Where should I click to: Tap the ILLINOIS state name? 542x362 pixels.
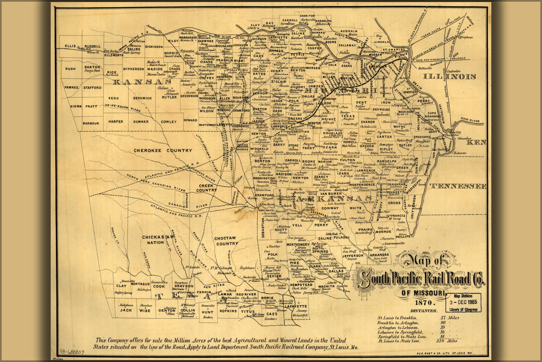pos(449,76)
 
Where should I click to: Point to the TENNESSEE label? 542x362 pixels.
pos(458,186)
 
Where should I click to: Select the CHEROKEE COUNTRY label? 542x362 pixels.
pos(163,151)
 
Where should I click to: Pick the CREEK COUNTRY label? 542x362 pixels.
pos(206,188)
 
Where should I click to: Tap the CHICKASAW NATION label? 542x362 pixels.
pos(158,240)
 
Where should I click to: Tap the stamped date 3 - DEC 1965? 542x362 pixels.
pos(463,302)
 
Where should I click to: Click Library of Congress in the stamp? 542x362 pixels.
pos(463,310)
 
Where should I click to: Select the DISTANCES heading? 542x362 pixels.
pos(424,311)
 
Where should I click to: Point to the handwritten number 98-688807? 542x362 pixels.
pos(72,352)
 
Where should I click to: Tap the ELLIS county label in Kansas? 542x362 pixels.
pos(71,46)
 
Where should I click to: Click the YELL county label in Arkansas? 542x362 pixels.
pos(297,225)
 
